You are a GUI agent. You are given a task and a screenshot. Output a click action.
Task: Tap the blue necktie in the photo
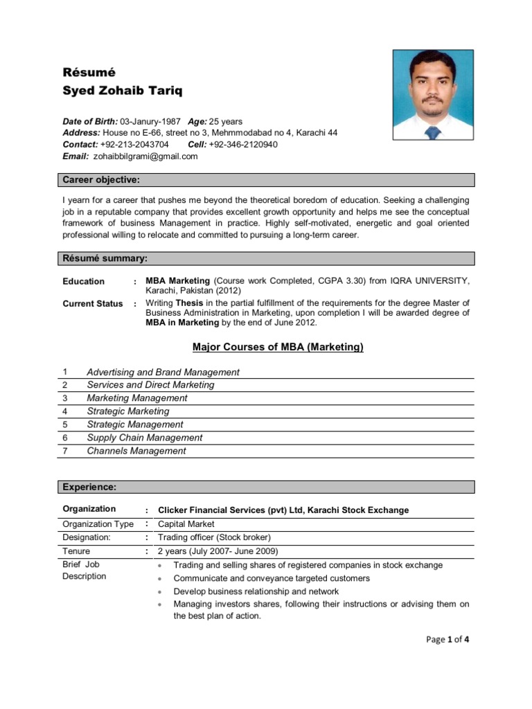433,132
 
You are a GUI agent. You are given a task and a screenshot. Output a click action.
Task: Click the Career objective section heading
101,181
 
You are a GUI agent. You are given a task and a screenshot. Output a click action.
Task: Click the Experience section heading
89,487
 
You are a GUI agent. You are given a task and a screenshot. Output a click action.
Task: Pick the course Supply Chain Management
145,438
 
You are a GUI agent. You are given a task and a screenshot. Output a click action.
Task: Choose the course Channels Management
136,451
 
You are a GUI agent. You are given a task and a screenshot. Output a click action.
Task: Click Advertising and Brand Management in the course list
163,372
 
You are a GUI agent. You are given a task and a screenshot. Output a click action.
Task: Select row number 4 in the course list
65,411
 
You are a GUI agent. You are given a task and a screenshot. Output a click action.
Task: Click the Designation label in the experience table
87,537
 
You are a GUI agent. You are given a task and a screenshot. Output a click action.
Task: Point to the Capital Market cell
186,524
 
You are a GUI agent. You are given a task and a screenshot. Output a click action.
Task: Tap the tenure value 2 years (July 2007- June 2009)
218,551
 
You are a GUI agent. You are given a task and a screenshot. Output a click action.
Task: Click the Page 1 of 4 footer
448,640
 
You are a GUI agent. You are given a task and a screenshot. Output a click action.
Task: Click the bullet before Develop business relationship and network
160,592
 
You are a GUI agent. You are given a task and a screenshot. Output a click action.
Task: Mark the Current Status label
93,303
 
